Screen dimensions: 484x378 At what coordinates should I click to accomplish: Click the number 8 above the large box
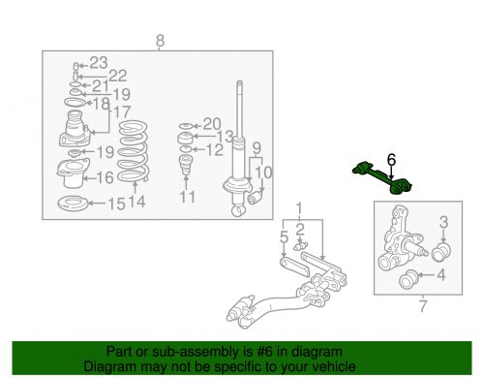tap(160, 41)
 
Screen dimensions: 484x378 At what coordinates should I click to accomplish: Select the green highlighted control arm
tap(381, 178)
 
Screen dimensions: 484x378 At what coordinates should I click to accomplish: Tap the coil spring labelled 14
tap(133, 151)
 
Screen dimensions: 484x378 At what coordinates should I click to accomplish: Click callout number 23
tap(99, 63)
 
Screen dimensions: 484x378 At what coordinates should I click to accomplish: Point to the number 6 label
tap(391, 160)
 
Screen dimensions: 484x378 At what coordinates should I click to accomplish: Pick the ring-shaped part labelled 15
tap(73, 204)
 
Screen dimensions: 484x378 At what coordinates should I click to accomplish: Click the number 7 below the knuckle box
tap(423, 305)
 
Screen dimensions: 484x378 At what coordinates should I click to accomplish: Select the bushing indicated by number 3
tap(441, 252)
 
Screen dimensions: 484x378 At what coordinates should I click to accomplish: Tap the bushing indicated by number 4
tap(408, 279)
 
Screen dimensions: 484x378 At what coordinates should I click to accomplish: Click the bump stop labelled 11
tap(185, 165)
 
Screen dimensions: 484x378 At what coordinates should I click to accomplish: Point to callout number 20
tap(212, 124)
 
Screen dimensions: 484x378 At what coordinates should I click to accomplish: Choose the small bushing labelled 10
tap(256, 198)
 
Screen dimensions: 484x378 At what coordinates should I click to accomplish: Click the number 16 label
tap(105, 177)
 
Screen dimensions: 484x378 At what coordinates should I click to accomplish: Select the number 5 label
tap(284, 237)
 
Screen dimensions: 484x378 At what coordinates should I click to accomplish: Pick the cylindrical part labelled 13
tap(185, 138)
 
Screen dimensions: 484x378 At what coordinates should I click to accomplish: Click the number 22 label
tap(118, 76)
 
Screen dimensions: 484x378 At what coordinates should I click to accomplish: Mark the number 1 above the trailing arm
tap(299, 208)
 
